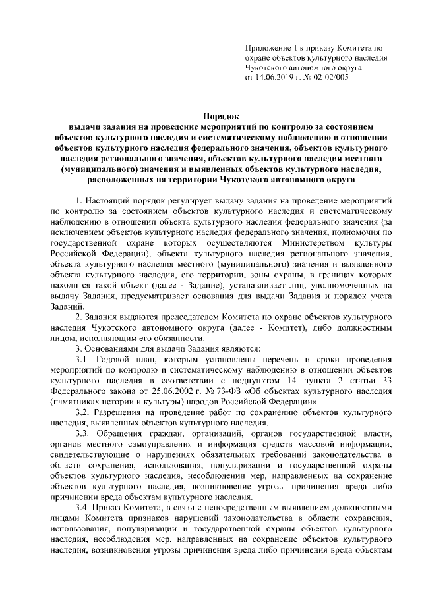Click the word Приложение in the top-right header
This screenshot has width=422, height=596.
[267, 48]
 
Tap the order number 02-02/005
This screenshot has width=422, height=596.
[329, 77]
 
